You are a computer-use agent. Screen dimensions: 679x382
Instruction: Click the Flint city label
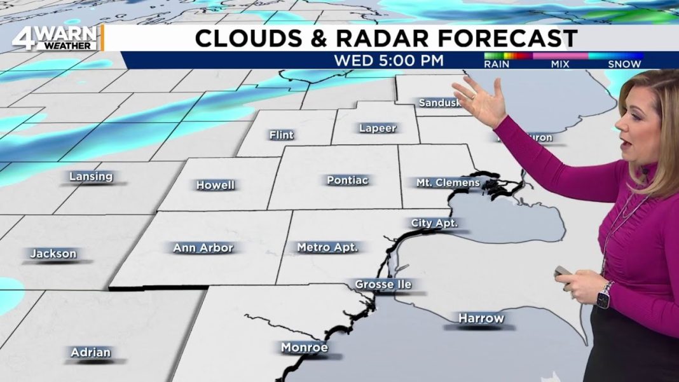(281, 135)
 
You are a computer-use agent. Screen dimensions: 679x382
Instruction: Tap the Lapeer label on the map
(378, 128)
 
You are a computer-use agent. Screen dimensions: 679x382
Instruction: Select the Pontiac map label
(347, 180)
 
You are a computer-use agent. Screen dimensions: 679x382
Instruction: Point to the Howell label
(216, 185)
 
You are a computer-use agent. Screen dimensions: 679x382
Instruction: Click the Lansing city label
(91, 176)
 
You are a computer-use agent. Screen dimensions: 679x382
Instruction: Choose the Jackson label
(53, 254)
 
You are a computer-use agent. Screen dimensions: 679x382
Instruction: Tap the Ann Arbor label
(203, 248)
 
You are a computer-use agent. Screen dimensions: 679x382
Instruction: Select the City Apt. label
(434, 223)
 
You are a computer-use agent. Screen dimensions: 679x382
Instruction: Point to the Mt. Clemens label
(448, 182)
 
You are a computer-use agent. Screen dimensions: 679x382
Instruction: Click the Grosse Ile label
(383, 284)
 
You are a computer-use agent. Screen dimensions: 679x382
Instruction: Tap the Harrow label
(481, 318)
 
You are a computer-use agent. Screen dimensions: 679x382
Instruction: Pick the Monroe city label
(305, 348)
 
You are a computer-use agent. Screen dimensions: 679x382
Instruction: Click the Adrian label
(91, 352)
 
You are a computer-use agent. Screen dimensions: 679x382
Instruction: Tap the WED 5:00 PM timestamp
(389, 62)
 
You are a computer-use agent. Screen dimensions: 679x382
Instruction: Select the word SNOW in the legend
(624, 64)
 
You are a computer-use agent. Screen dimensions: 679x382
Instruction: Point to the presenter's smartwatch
(604, 295)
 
